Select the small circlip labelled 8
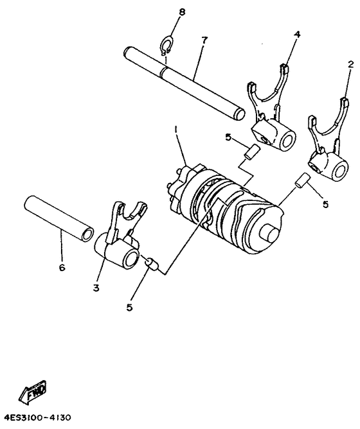click(x=165, y=46)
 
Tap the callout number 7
click(x=204, y=40)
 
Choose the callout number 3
click(x=96, y=288)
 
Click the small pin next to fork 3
click(x=152, y=263)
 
